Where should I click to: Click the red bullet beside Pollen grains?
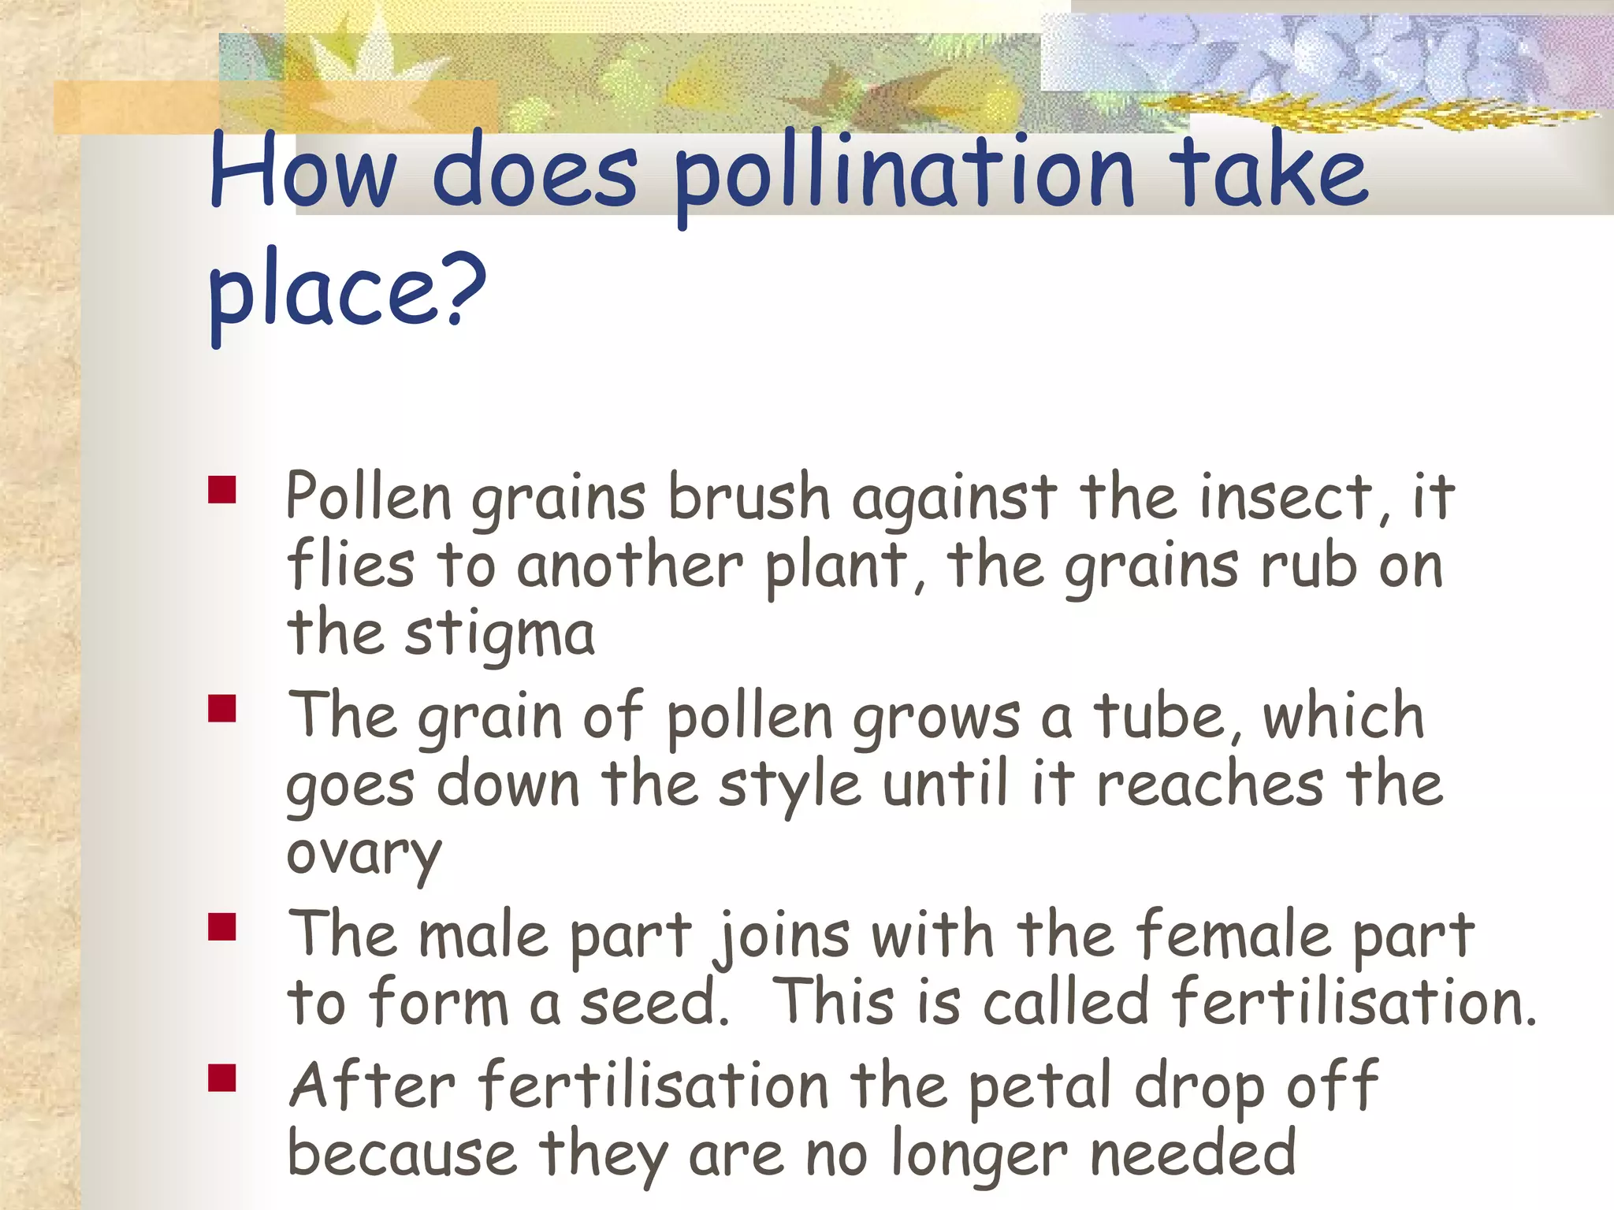click(222, 489)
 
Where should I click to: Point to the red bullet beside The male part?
click(222, 927)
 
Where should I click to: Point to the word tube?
click(1166, 717)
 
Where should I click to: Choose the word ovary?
click(363, 856)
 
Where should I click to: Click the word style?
click(789, 786)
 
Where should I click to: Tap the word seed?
click(653, 1003)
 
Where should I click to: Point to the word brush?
click(749, 498)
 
